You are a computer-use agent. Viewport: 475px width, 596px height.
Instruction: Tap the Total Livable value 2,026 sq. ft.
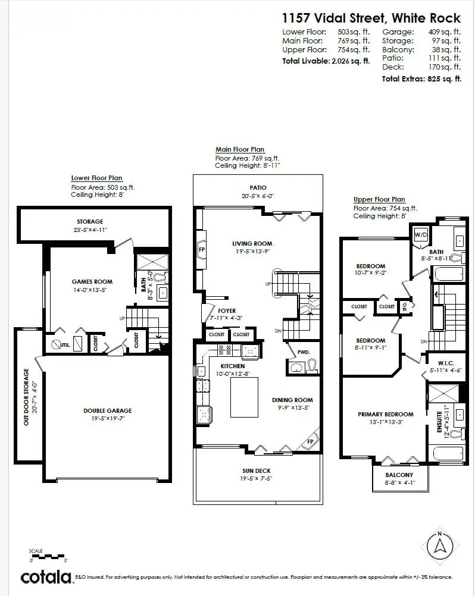click(x=350, y=61)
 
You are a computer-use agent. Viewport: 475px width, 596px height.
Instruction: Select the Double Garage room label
click(x=107, y=410)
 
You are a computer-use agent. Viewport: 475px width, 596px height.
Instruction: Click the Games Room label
click(x=92, y=282)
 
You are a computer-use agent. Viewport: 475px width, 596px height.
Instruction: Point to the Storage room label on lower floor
click(x=90, y=221)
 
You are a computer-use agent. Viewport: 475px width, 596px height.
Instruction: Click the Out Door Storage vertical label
click(x=26, y=397)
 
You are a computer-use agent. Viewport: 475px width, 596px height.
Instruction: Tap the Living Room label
click(x=252, y=243)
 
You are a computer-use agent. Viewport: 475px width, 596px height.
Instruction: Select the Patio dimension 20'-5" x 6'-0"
click(x=258, y=196)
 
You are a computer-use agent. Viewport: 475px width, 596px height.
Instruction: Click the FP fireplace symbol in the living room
click(x=201, y=249)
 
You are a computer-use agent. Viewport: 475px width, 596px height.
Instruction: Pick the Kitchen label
click(x=233, y=366)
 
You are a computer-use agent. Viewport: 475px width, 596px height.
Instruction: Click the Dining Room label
click(x=292, y=400)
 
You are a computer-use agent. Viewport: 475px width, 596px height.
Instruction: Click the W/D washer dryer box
click(x=421, y=233)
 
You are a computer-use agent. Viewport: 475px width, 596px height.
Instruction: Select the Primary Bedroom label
click(x=385, y=414)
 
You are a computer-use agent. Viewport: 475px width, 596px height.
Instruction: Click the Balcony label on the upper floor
click(x=399, y=475)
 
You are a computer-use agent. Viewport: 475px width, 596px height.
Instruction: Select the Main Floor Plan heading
click(x=240, y=149)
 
